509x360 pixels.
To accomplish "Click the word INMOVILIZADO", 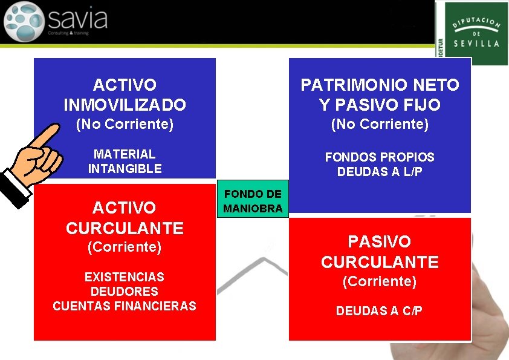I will tap(125, 105).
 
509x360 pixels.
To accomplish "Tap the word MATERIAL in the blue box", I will tap(125, 154).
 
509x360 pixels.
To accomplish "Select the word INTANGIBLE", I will tap(125, 169).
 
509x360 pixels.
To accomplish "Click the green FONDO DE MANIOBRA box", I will tap(253, 201).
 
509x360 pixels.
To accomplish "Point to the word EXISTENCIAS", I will tap(124, 277).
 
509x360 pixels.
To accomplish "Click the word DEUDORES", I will tap(124, 292).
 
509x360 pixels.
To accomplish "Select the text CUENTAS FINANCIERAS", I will tap(124, 306).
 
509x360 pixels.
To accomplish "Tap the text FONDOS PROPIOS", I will tap(380, 157).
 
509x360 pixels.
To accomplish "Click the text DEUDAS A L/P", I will tap(380, 172).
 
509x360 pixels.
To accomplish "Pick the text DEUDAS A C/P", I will tap(379, 311).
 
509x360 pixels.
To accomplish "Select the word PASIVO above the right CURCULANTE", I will tap(379, 242).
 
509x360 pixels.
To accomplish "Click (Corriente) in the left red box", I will tap(125, 247).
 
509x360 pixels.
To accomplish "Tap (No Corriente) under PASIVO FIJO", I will tap(380, 125).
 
